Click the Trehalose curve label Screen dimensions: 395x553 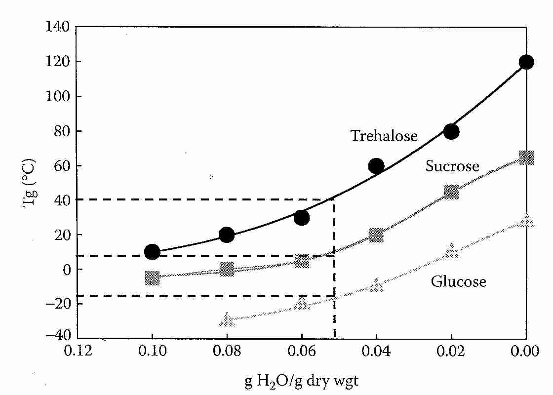tap(384, 136)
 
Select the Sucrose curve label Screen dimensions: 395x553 tap(452, 166)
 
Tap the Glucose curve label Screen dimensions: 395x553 tap(458, 281)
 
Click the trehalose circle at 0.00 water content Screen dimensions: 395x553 tap(526, 62)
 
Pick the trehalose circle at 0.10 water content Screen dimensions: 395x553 tap(152, 252)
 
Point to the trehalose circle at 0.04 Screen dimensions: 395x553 tap(376, 166)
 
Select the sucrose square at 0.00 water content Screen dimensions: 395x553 tap(526, 158)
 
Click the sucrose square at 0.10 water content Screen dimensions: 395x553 tap(152, 278)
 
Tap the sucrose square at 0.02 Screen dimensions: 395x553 tap(451, 192)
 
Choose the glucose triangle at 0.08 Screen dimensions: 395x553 tap(227, 319)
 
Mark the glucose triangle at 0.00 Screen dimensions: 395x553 tap(526, 220)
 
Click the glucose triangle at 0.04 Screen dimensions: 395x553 tap(376, 285)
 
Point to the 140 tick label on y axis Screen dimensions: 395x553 tap(58, 27)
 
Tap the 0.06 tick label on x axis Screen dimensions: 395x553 tap(302, 352)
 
